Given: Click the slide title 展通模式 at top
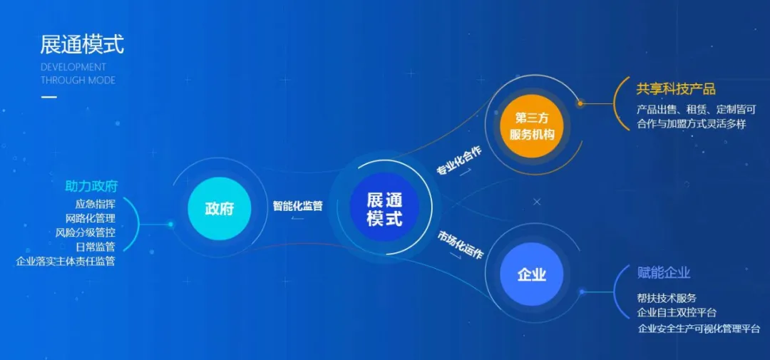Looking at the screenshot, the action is coord(82,45).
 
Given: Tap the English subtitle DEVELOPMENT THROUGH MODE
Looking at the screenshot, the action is coord(78,73).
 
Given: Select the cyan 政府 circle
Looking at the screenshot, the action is coord(220,209).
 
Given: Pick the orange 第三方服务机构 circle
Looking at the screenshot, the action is coord(532,126).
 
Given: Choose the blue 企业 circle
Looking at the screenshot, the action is coord(532,274).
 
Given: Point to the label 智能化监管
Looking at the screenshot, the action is coord(297,206).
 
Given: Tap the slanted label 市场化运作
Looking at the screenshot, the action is coord(461,245).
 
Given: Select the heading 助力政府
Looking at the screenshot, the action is coord(92,186).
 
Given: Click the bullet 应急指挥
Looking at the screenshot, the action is coord(96,204).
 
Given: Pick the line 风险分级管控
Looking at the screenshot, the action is coord(86,232).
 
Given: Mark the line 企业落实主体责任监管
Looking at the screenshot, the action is coord(66,262).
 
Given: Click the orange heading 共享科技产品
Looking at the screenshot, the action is coord(676,89).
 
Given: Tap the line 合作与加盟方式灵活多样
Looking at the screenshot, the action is coord(692,124).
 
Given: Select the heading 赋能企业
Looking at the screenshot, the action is coord(664,273).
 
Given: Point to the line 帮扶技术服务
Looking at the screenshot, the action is coord(667,298).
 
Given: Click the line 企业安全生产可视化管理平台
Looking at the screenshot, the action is coord(699,329).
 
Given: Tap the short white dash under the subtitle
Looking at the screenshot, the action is coord(48,97).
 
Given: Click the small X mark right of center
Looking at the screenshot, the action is coord(537,202).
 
